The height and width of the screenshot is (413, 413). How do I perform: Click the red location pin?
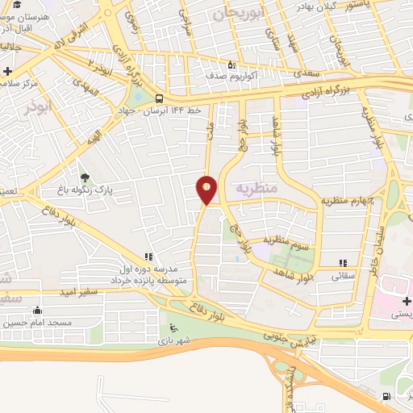pos(206,189)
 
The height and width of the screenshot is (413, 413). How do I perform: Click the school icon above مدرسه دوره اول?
pos(148,257)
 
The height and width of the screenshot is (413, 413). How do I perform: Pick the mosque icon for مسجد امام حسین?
pos(35,310)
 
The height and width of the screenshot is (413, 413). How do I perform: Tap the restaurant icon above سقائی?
pos(343,263)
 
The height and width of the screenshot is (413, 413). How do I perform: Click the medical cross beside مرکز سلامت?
pos(6,71)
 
